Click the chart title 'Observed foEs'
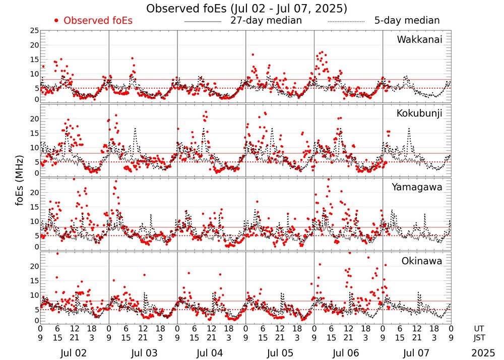[x=246, y=9]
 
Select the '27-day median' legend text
[x=266, y=21]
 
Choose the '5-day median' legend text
[x=407, y=21]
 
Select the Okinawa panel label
[x=421, y=261]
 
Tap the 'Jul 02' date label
[x=74, y=353]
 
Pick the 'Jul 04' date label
[x=211, y=353]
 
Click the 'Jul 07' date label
[x=416, y=353]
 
